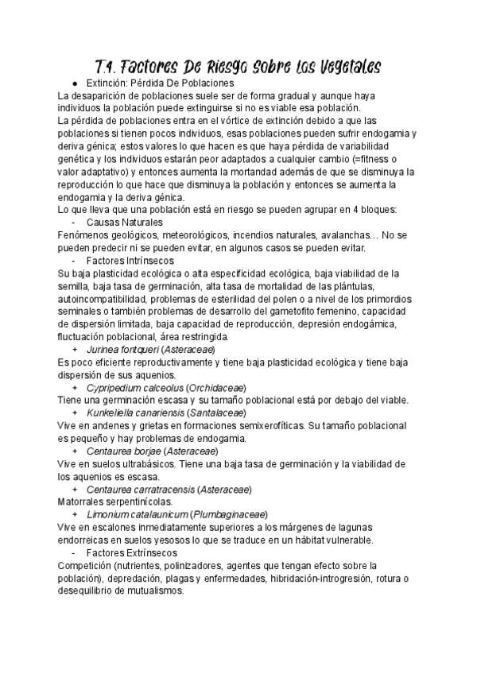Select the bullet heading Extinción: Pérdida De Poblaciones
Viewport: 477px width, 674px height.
pos(160,83)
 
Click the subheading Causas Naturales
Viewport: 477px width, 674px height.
pos(125,222)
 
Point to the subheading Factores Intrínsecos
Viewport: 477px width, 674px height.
pos(130,260)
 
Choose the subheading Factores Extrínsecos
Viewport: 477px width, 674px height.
pos(132,552)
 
